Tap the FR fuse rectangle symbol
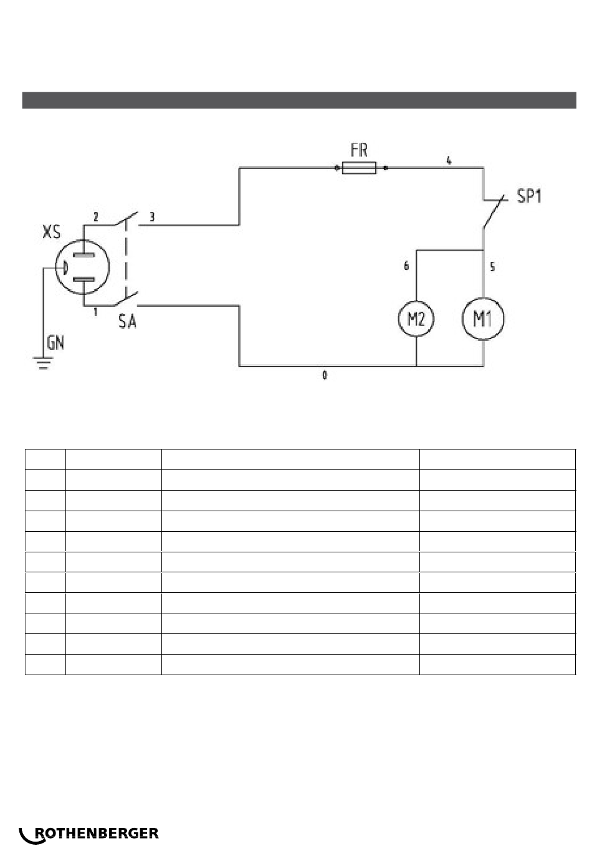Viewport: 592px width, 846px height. (359, 168)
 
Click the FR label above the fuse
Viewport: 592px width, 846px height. (359, 150)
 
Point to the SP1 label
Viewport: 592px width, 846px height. (529, 196)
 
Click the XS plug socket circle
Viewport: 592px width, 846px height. (55, 267)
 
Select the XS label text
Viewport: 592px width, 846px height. (51, 231)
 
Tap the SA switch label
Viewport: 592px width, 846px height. (127, 322)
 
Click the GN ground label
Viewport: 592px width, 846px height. (55, 343)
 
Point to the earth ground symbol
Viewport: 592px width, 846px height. (43, 363)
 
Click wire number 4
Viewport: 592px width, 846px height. (449, 160)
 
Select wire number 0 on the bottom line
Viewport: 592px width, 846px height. (325, 375)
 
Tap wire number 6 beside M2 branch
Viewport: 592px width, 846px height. (406, 266)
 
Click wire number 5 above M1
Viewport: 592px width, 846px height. (492, 267)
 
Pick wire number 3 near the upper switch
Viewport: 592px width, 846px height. (152, 217)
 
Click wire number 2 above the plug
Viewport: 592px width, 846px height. (96, 217)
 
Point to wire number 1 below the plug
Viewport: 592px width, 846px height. (95, 312)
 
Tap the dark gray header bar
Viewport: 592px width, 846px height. (299, 100)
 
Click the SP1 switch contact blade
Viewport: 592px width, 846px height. (494, 212)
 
